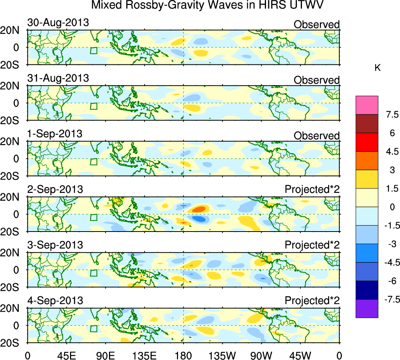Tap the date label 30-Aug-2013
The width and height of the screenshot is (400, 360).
pos(58,23)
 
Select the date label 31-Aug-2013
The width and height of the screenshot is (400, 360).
pos(58,78)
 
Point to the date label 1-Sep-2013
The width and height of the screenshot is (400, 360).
pos(55,134)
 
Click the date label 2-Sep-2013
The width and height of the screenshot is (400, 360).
pos(55,189)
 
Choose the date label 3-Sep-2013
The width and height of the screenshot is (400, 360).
pos(55,245)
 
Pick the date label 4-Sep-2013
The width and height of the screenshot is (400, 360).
pos(55,301)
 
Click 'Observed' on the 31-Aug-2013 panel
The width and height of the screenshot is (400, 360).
pos(316,80)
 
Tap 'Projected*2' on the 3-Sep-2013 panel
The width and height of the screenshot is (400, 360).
pos(312,246)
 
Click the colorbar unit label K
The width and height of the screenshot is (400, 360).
pos(377,68)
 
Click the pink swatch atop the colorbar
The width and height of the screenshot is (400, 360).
pos(367,105)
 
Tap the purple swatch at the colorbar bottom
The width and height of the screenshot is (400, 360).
pos(367,308)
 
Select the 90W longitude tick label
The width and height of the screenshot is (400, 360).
pos(261,355)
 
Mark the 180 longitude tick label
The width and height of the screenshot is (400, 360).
pos(184,355)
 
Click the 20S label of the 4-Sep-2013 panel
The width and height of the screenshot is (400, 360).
pos(14,342)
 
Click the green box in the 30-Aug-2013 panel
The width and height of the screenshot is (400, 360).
pos(93,51)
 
